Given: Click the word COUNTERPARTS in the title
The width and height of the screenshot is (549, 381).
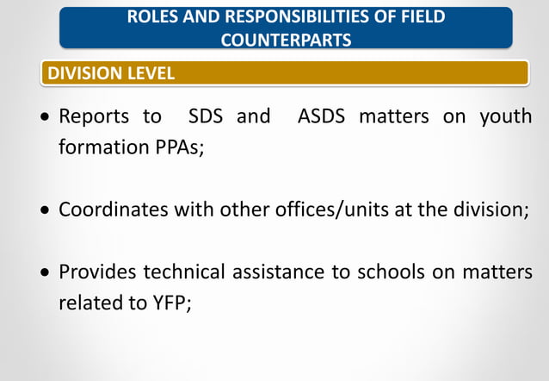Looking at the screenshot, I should [286, 40].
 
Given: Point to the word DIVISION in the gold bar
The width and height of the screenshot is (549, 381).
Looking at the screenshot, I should [82, 73].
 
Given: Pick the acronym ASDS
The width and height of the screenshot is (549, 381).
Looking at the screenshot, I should [322, 116].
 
